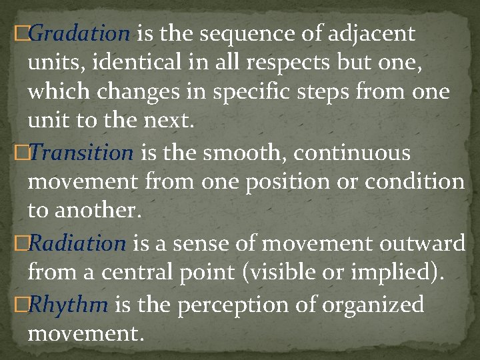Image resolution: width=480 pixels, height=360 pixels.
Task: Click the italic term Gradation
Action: pos(80,33)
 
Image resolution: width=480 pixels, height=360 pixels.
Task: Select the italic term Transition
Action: pos(81,153)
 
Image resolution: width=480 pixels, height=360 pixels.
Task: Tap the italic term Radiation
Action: pos(77,244)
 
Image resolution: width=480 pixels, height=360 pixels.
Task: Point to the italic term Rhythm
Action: pos(69,305)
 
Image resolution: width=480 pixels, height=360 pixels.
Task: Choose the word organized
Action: pos(373,305)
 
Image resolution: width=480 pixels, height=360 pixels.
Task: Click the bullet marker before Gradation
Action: pos(21,33)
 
